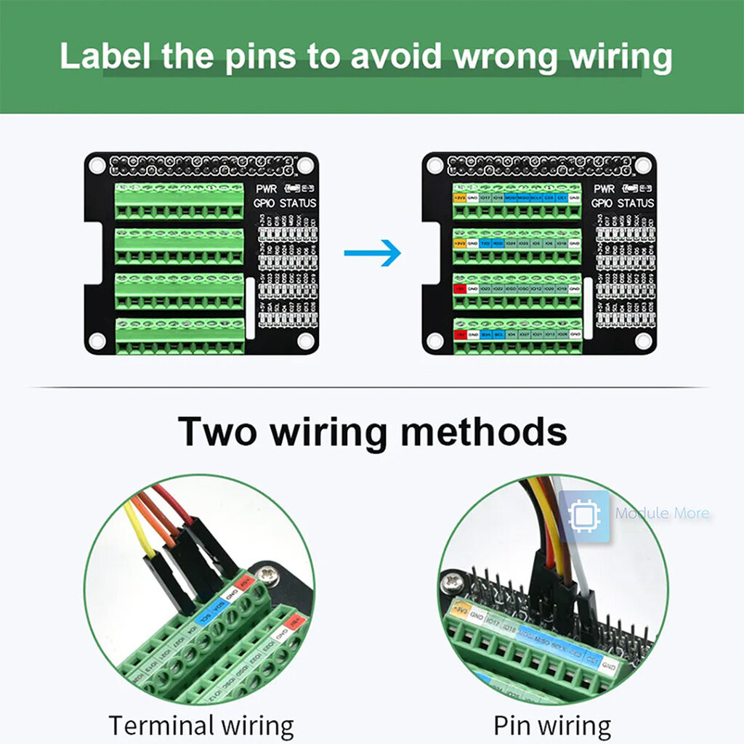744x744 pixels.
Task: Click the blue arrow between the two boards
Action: pos(373,253)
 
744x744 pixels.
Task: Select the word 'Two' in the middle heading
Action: pos(217,431)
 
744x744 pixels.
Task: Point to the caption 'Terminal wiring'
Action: pos(201,725)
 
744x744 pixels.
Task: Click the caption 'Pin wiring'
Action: pos(552,725)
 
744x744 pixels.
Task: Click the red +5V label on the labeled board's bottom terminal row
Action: pos(459,334)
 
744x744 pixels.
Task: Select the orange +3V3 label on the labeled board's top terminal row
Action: pos(459,197)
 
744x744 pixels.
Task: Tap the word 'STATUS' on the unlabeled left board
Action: pos(297,203)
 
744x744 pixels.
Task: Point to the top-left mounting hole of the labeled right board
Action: pos(434,166)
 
